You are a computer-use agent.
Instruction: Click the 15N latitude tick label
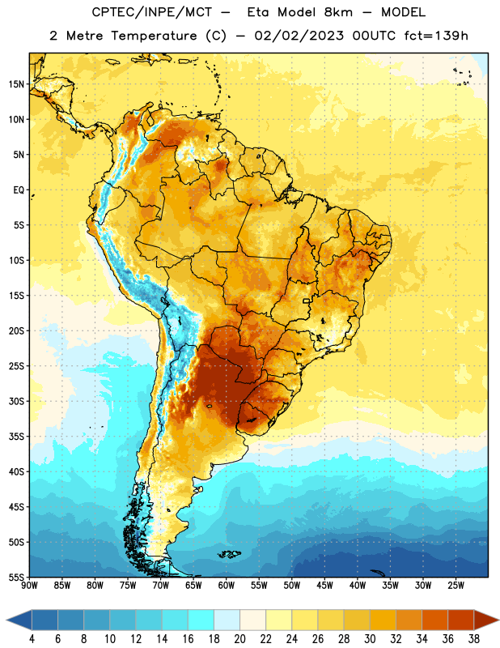[x=16, y=84]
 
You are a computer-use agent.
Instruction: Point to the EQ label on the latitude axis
[x=19, y=190]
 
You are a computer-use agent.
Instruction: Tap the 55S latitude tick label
[x=16, y=578]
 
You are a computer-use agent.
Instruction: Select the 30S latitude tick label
[x=16, y=401]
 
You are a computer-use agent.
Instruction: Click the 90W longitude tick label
[x=29, y=586]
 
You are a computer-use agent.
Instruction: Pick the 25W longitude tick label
[x=456, y=586]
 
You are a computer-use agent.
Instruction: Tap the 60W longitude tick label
[x=227, y=586]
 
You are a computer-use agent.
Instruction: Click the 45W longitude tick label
[x=324, y=586]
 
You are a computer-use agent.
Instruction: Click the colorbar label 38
[x=474, y=639]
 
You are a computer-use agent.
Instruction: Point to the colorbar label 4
[x=32, y=639]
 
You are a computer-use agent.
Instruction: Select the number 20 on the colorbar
[x=239, y=639]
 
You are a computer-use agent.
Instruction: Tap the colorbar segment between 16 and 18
[x=201, y=620]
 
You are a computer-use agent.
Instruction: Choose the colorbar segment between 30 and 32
[x=383, y=620]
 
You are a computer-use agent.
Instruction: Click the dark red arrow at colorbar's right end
[x=485, y=620]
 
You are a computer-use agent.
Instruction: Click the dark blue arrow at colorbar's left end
[x=19, y=620]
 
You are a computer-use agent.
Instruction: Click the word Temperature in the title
[x=154, y=36]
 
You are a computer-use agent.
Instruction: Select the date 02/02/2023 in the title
[x=299, y=36]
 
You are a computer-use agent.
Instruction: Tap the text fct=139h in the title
[x=436, y=36]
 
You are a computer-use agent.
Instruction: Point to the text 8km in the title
[x=338, y=12]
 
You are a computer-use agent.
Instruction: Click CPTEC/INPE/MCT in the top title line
[x=152, y=12]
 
